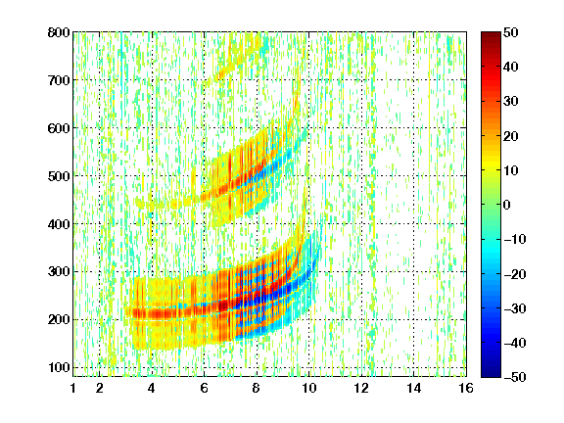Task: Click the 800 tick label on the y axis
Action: [59, 32]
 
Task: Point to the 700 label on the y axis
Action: [59, 80]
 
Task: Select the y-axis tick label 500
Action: [59, 176]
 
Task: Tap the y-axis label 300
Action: [59, 272]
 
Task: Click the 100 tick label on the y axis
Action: [59, 367]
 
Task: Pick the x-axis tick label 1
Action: [73, 388]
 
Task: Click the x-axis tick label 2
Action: [100, 388]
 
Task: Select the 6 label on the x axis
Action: [204, 388]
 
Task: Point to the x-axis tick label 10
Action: [308, 388]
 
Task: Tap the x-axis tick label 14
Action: [413, 388]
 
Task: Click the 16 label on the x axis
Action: [466, 388]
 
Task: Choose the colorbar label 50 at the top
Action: [511, 32]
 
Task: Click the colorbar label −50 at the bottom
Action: [515, 377]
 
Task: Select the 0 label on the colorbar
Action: [507, 205]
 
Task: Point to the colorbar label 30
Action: [511, 102]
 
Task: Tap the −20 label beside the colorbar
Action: [515, 274]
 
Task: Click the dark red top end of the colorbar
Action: [491, 35]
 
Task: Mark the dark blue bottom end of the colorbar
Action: [491, 374]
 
